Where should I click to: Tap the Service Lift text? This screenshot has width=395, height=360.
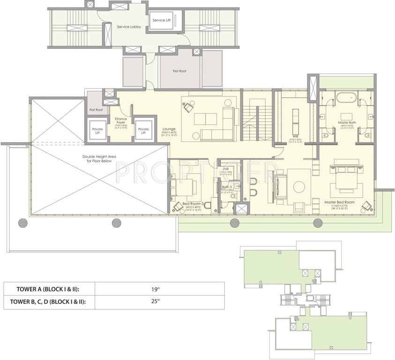tap(162, 20)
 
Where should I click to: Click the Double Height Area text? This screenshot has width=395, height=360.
tap(99, 158)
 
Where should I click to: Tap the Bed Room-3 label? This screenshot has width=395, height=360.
tap(192, 203)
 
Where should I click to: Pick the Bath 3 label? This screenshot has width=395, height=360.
tap(227, 187)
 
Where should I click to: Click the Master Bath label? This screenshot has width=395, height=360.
tap(347, 123)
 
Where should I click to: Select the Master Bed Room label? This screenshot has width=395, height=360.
tap(340, 202)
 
